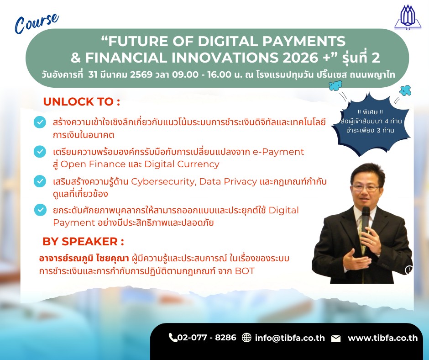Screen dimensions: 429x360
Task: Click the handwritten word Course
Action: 37,23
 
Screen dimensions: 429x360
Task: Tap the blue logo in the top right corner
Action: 408,17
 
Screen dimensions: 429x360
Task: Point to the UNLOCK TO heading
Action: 82,101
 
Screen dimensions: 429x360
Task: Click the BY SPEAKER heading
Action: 83,242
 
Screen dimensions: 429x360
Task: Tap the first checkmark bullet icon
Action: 40,122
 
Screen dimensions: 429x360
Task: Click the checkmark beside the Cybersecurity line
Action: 40,181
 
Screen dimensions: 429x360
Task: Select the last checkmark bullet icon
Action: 40,210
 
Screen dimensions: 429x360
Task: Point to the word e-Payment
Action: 278,152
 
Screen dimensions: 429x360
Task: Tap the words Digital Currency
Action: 182,164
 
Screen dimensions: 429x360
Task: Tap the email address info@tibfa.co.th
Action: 290,338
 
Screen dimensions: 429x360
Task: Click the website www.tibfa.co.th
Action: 383,338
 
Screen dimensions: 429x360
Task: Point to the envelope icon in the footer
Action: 336,339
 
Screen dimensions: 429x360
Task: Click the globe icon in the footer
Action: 246,338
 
